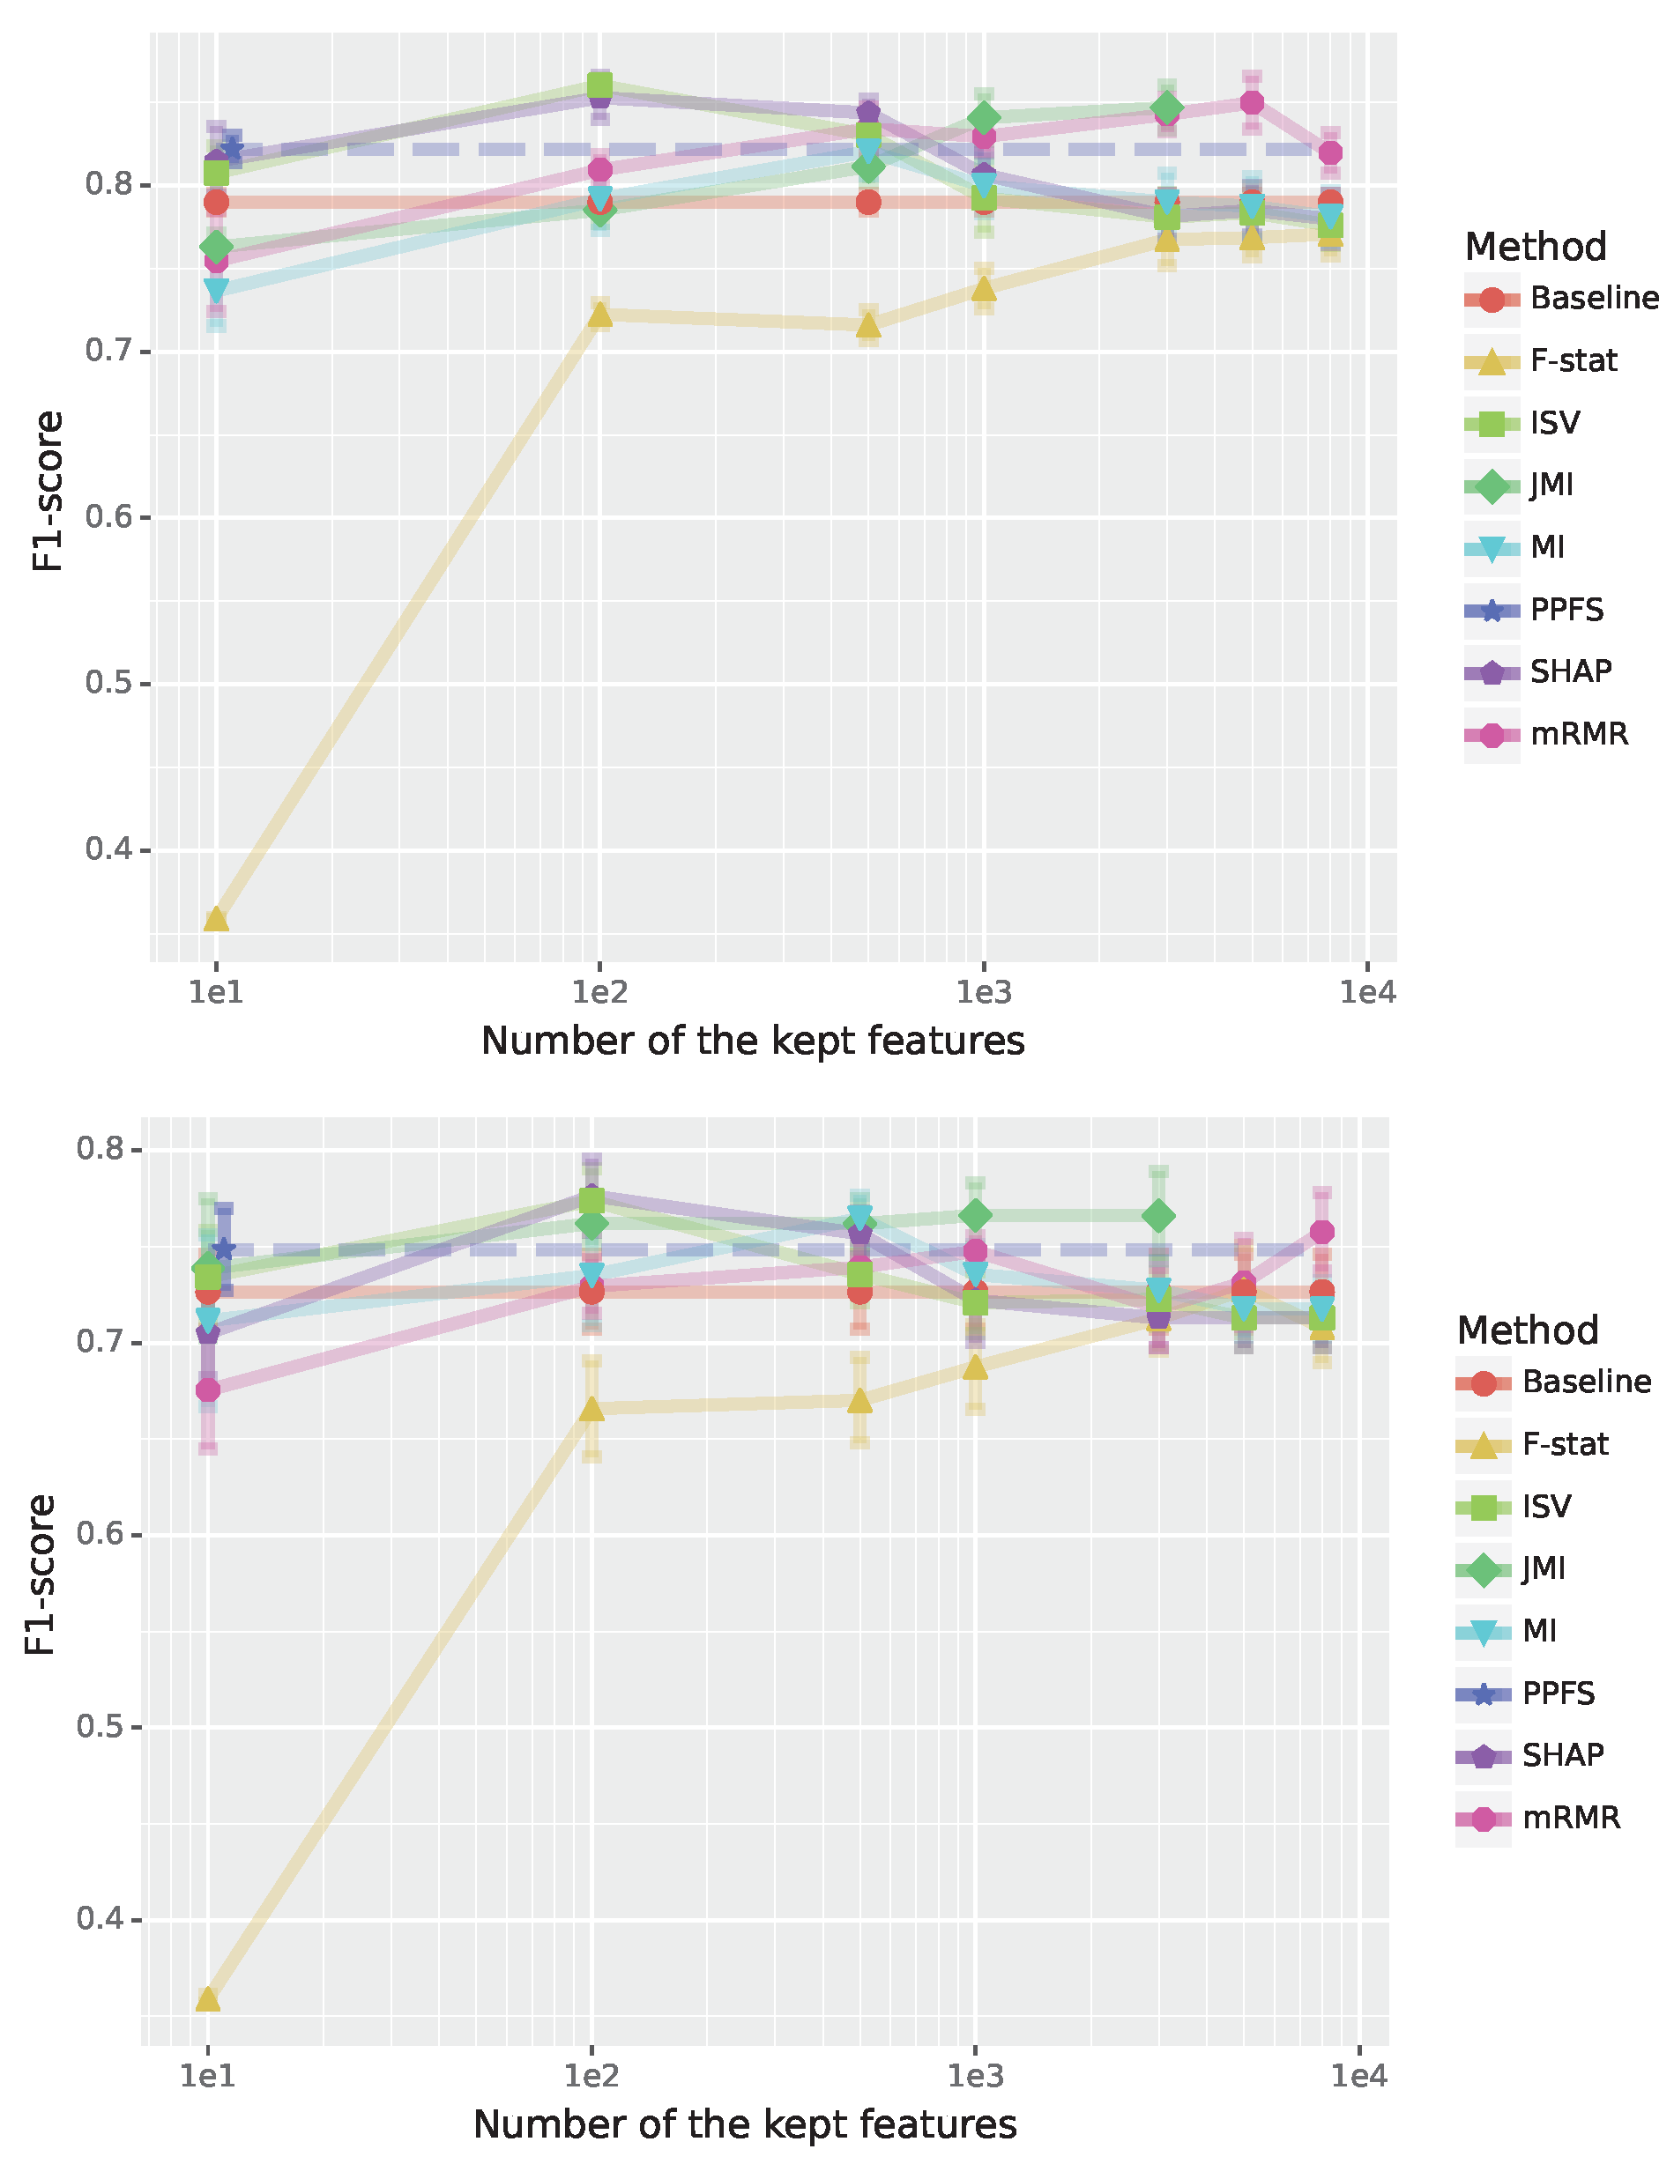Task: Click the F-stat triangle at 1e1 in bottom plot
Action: tap(207, 1999)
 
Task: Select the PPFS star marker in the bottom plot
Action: tap(223, 1249)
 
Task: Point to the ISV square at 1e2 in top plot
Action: tap(599, 85)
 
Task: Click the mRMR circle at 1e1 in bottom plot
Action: tap(207, 1390)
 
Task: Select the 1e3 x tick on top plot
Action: tap(982, 991)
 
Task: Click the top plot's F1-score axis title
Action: tap(48, 491)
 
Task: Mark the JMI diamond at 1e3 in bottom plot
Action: tap(974, 1215)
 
